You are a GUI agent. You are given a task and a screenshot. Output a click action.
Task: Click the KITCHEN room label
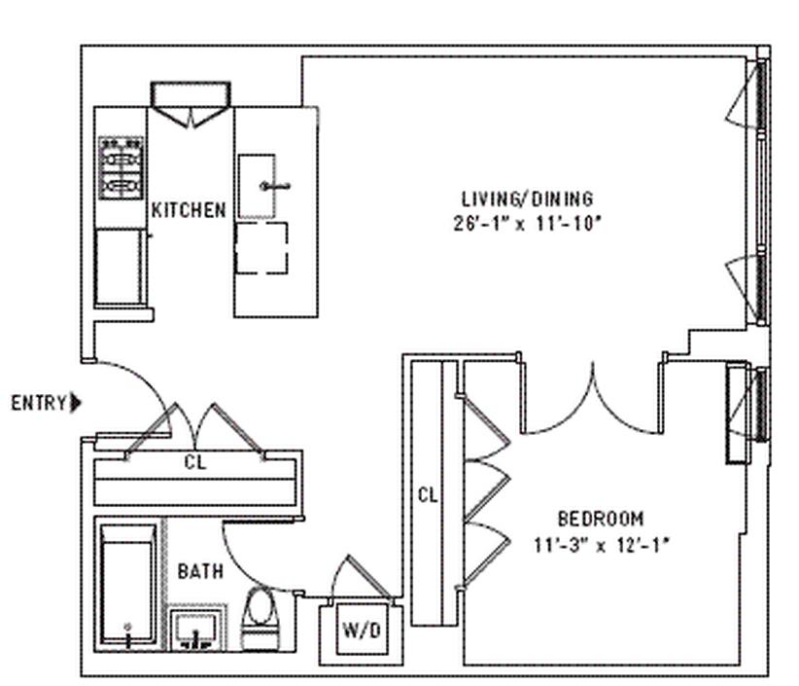(189, 209)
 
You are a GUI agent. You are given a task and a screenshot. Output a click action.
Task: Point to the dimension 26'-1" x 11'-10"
(528, 222)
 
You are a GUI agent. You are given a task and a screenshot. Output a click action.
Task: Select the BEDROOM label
(600, 519)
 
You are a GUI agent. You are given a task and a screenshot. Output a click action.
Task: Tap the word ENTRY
(39, 403)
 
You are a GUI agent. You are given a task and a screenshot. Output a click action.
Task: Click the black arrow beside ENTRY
(78, 403)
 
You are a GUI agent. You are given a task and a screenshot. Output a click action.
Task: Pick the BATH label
(199, 571)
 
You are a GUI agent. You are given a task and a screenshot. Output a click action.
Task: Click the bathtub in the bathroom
(127, 587)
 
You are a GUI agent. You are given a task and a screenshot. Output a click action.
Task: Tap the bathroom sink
(198, 631)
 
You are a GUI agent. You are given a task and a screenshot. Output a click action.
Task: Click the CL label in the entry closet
(194, 463)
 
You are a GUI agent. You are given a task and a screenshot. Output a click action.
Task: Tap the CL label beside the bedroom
(427, 494)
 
